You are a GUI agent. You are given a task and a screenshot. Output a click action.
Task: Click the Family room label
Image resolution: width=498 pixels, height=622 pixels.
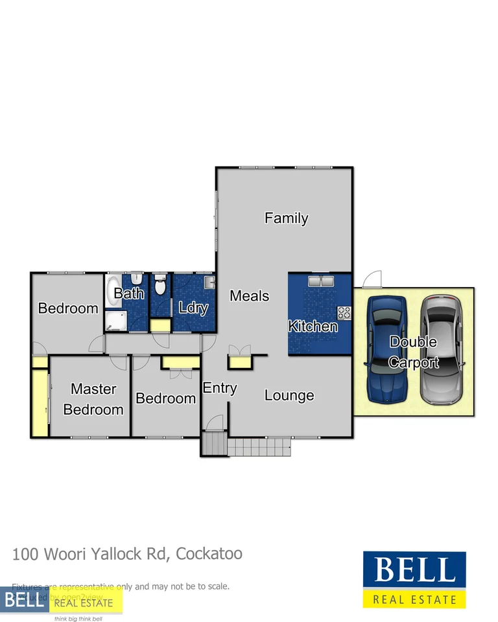(286, 218)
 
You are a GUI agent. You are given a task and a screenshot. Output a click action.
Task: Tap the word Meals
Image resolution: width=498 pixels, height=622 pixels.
(249, 296)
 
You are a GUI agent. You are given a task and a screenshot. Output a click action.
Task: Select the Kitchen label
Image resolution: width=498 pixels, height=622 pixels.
(313, 326)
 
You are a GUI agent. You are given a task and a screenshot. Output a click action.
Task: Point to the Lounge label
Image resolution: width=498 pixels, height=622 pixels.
(289, 395)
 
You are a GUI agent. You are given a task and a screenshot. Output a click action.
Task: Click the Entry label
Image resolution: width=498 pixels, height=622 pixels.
(220, 388)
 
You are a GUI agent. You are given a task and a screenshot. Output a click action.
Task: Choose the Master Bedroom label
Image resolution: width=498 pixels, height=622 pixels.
(93, 399)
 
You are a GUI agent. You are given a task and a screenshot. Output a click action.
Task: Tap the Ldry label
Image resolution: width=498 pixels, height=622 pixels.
(193, 308)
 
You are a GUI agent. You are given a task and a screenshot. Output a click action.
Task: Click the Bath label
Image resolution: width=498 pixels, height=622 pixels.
(128, 294)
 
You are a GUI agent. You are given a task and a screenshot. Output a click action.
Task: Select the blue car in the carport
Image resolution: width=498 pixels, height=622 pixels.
(386, 349)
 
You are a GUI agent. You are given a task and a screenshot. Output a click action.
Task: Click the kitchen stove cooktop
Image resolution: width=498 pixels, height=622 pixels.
(344, 314)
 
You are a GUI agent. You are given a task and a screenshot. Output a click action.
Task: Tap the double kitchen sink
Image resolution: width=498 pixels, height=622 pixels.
(320, 281)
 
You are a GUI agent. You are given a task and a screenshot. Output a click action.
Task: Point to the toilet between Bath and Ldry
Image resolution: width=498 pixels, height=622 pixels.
(160, 286)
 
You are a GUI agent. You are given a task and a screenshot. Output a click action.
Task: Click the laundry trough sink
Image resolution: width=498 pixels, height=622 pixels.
(208, 282)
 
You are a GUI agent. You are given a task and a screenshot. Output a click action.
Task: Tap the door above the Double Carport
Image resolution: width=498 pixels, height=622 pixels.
(372, 280)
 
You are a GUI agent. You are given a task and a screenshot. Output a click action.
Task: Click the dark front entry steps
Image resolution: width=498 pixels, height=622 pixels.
(212, 445)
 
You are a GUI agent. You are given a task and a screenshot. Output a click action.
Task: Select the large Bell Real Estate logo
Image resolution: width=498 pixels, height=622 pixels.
(414, 580)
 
